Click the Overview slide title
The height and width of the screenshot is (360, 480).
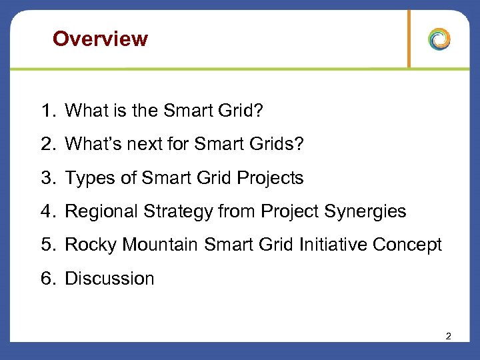point(100,39)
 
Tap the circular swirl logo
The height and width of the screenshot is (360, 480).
point(439,39)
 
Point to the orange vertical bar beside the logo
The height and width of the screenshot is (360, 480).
point(409,39)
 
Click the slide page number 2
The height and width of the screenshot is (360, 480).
point(448,337)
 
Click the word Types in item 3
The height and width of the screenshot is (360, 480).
point(89,178)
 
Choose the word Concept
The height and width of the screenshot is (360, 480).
point(407,245)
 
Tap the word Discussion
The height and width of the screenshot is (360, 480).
point(109,278)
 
